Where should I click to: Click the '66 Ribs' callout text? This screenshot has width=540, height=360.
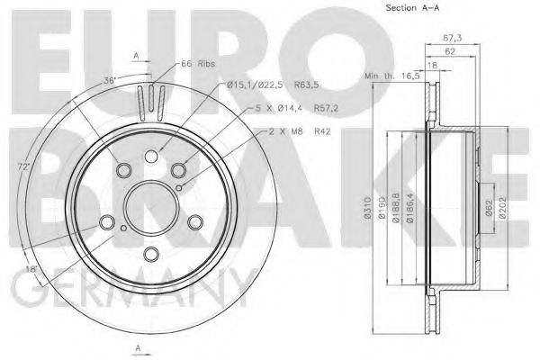[x=196, y=64]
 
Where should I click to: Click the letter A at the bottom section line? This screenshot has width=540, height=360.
[x=136, y=348]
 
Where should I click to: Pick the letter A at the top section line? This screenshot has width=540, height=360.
[x=136, y=55]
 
